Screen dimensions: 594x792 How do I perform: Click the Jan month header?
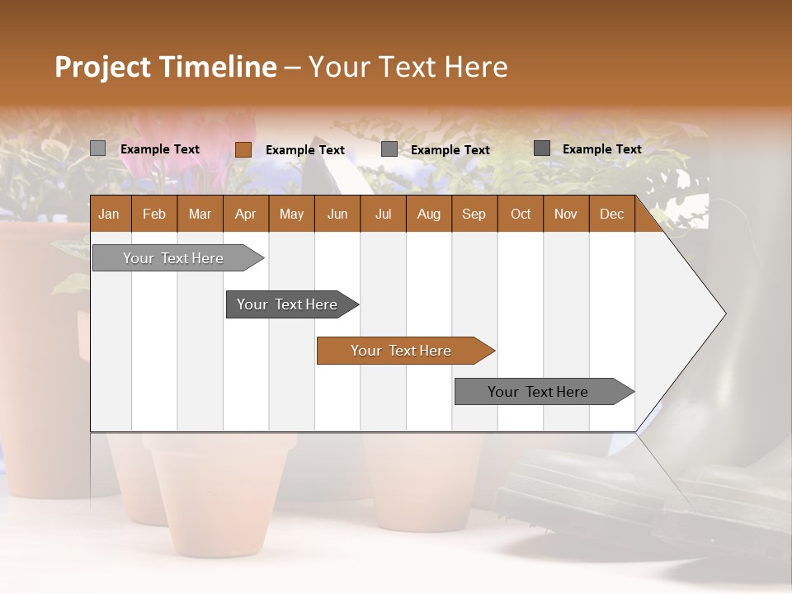(x=109, y=214)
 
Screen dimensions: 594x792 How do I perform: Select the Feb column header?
(x=154, y=214)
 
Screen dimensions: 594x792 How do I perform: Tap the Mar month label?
(x=200, y=214)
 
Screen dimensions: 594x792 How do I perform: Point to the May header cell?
(x=291, y=214)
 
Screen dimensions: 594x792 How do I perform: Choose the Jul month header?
(x=383, y=214)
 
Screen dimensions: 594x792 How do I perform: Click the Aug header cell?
(x=428, y=214)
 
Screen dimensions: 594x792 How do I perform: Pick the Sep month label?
(x=474, y=214)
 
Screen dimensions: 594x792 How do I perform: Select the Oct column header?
(x=521, y=214)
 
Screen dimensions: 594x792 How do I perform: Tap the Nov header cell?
(x=566, y=214)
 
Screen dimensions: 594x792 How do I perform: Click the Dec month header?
(x=611, y=214)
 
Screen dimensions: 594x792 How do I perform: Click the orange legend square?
(x=243, y=149)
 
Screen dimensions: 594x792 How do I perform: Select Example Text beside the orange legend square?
(x=305, y=150)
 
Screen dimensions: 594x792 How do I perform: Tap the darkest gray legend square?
(x=542, y=148)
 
